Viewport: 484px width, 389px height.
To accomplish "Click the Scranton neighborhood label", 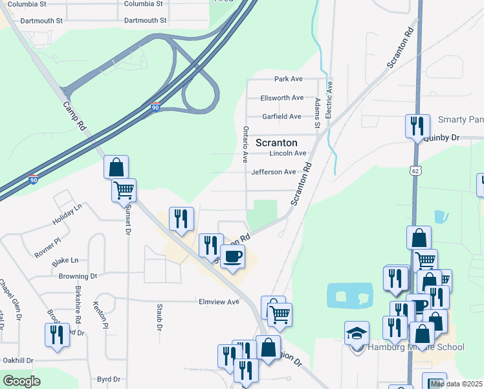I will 276,143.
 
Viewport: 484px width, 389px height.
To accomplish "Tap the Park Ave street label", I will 289,79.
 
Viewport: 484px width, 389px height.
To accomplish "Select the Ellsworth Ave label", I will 281,98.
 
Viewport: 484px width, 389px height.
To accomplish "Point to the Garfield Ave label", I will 281,117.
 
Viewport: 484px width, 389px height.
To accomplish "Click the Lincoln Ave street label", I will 287,154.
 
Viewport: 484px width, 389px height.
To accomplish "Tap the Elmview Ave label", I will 219,301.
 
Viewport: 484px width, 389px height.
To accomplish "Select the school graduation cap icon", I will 357,333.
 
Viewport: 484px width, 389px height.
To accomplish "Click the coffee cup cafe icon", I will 233,257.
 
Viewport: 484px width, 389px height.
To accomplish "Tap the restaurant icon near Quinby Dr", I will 417,125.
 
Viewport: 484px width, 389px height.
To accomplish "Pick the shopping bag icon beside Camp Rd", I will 116,167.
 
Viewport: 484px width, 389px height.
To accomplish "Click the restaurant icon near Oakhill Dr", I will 57,335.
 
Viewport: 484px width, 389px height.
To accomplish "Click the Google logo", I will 21,382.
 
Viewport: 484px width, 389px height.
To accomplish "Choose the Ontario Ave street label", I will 245,144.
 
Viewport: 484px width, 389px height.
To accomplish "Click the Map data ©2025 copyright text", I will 456,384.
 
